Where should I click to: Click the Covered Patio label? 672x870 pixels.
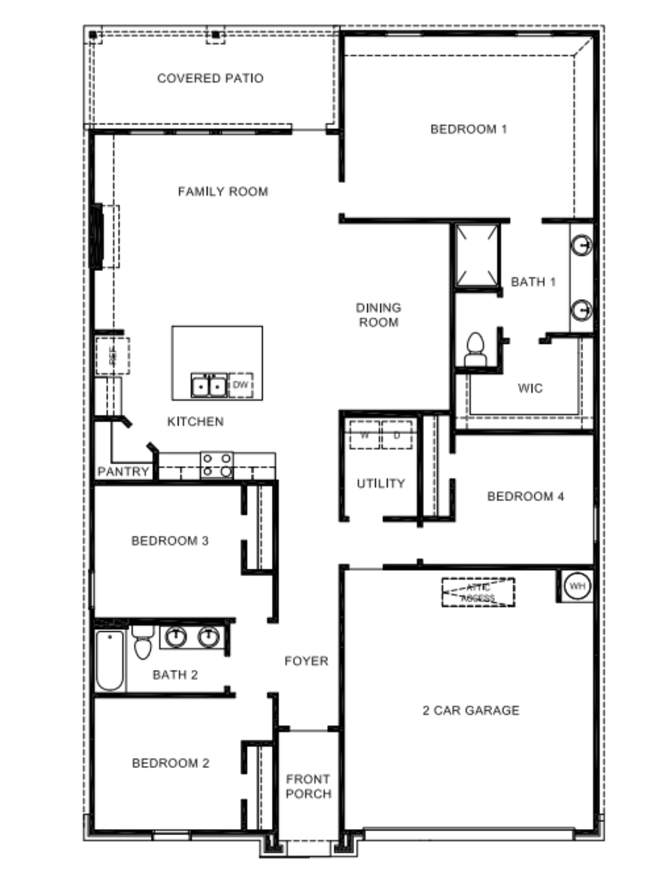pos(210,78)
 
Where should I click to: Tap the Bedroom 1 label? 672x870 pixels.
pos(469,129)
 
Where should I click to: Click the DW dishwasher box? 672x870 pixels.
pos(240,385)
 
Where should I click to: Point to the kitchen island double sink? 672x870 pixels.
pos(209,386)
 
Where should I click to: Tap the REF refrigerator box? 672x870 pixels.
pos(112,356)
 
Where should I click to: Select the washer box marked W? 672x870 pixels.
pos(364,435)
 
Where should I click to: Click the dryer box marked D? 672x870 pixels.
pos(397,435)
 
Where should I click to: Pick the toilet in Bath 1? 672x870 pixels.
pos(475,349)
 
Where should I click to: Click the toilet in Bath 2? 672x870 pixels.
pos(143,641)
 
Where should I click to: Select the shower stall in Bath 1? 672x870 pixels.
pos(476,255)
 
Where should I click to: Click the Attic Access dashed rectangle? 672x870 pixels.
pos(478,592)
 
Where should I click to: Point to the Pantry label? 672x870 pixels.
pos(123,472)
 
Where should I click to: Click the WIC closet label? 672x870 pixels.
pos(530,388)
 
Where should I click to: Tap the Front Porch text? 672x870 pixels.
pos(308,786)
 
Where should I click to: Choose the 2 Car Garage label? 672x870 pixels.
pos(471,710)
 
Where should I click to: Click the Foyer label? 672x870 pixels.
pos(306,661)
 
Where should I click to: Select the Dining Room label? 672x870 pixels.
pos(378,315)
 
